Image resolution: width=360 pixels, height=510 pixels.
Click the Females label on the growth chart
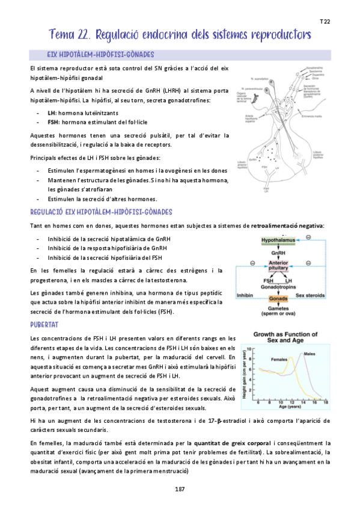pyautogui.click(x=279, y=359)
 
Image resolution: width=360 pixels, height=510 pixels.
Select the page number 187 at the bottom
pyautogui.click(x=180, y=489)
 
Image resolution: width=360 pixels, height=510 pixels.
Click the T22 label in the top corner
pyautogui.click(x=325, y=22)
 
